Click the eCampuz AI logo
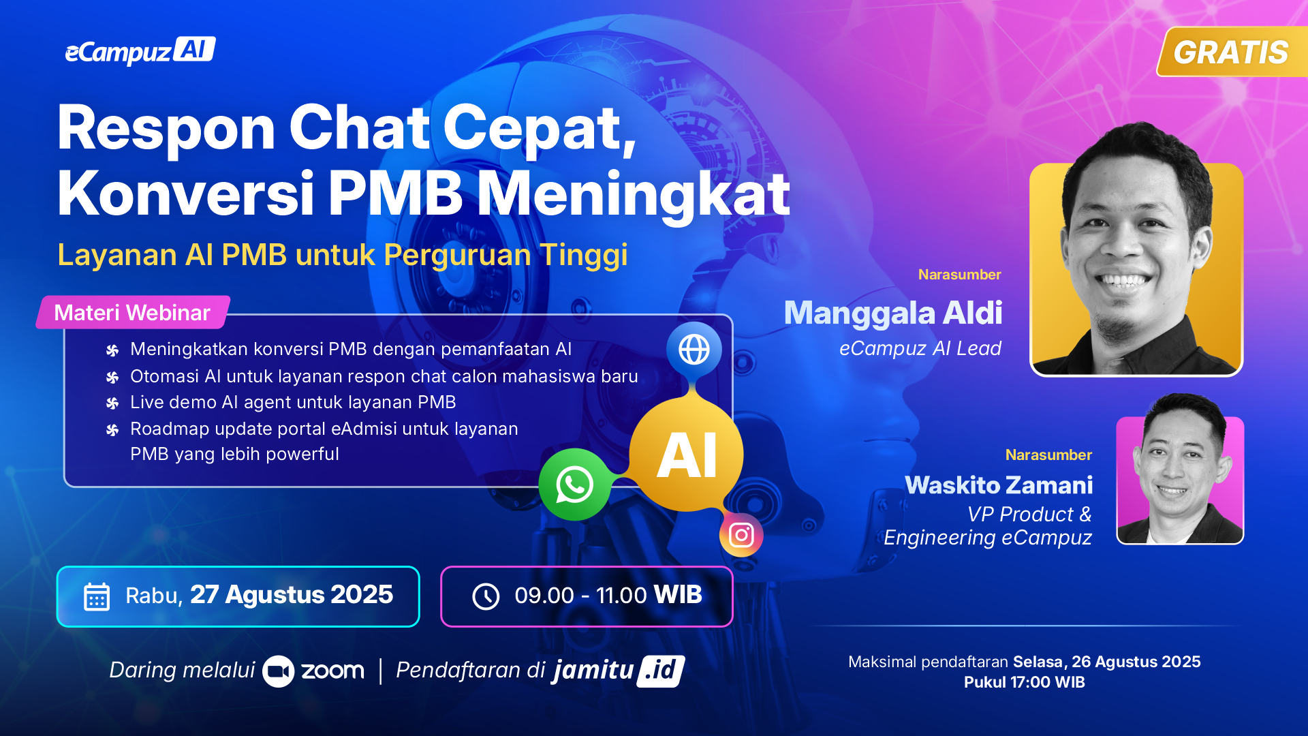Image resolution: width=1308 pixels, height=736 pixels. click(x=140, y=50)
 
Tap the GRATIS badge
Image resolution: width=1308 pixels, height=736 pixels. click(x=1232, y=52)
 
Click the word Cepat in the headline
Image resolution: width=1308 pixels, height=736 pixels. click(x=540, y=128)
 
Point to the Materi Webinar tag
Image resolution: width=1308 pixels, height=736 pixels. click(x=133, y=312)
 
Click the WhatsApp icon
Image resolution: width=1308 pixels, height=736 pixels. click(x=574, y=485)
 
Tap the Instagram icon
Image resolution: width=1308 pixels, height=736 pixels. click(x=741, y=535)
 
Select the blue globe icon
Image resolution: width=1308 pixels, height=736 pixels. click(x=694, y=350)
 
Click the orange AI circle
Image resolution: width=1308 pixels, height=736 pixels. click(x=687, y=455)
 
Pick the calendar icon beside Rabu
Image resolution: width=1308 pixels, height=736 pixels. click(x=97, y=597)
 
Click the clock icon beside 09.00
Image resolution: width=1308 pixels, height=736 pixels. click(x=486, y=596)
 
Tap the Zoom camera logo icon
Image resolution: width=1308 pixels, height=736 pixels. click(x=278, y=671)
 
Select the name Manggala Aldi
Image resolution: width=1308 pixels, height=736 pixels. click(x=893, y=313)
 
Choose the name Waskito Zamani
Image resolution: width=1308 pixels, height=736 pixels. click(x=999, y=485)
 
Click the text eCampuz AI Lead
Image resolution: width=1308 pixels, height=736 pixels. click(x=920, y=348)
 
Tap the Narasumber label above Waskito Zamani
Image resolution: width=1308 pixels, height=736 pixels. click(x=1048, y=455)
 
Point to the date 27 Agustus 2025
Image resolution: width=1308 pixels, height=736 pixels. click(x=292, y=595)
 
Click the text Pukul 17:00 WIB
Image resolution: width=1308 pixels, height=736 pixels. click(x=1025, y=682)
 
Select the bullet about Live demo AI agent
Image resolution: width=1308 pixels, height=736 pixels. click(x=293, y=402)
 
